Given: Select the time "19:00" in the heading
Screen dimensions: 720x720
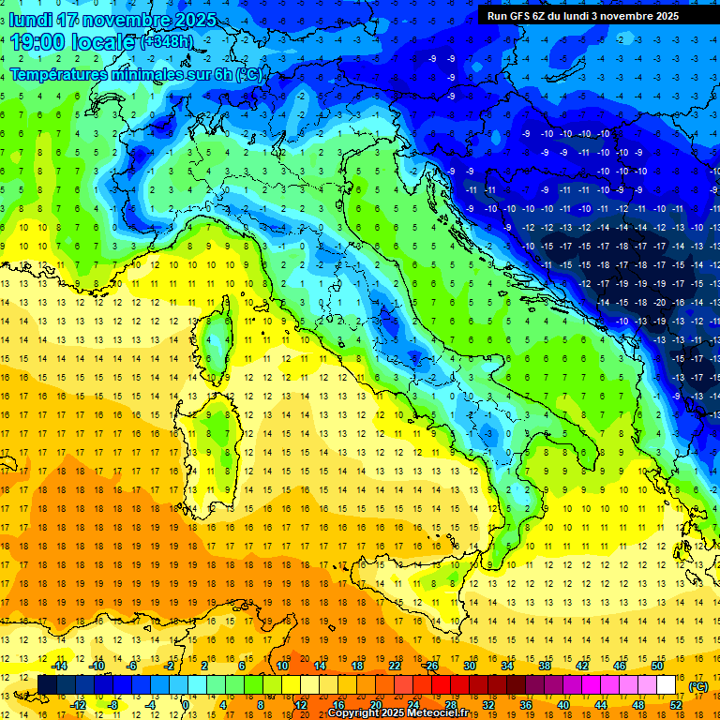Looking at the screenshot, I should pos(43,42).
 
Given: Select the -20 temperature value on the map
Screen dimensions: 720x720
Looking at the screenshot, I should pos(661,302).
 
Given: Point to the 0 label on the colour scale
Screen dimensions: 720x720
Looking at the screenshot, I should pos(187,705).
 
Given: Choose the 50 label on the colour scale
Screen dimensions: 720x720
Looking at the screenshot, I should pos(657,666).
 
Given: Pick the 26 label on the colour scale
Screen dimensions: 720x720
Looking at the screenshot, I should pos(432,666).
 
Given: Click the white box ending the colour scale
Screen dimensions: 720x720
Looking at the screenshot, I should pos(667,685).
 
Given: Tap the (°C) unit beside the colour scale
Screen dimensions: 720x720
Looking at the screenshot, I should pos(698,685).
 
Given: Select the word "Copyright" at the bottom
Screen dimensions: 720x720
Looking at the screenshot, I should pos(353,713).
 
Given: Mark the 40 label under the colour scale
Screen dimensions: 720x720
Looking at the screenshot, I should pos(562,705).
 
